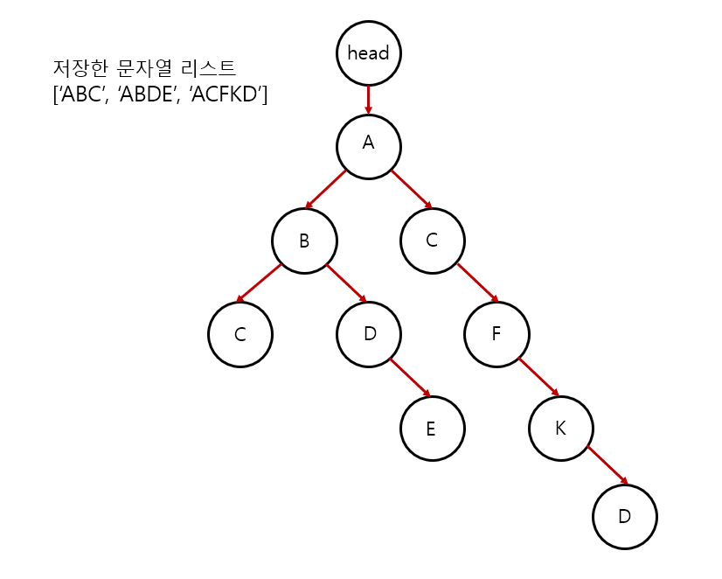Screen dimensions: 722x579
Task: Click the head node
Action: point(368,52)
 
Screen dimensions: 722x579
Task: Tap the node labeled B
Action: point(304,241)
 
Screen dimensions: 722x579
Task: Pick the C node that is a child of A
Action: point(432,240)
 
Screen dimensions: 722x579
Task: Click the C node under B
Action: point(240,334)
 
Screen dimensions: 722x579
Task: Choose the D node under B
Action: point(368,334)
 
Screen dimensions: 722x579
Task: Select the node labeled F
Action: point(496,334)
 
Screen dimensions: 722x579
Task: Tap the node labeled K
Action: point(560,429)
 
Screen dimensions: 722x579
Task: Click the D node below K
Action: point(624,516)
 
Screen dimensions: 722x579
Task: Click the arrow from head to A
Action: point(368,98)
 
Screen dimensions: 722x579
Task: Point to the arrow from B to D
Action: point(347,283)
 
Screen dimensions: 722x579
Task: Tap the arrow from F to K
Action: point(538,376)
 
